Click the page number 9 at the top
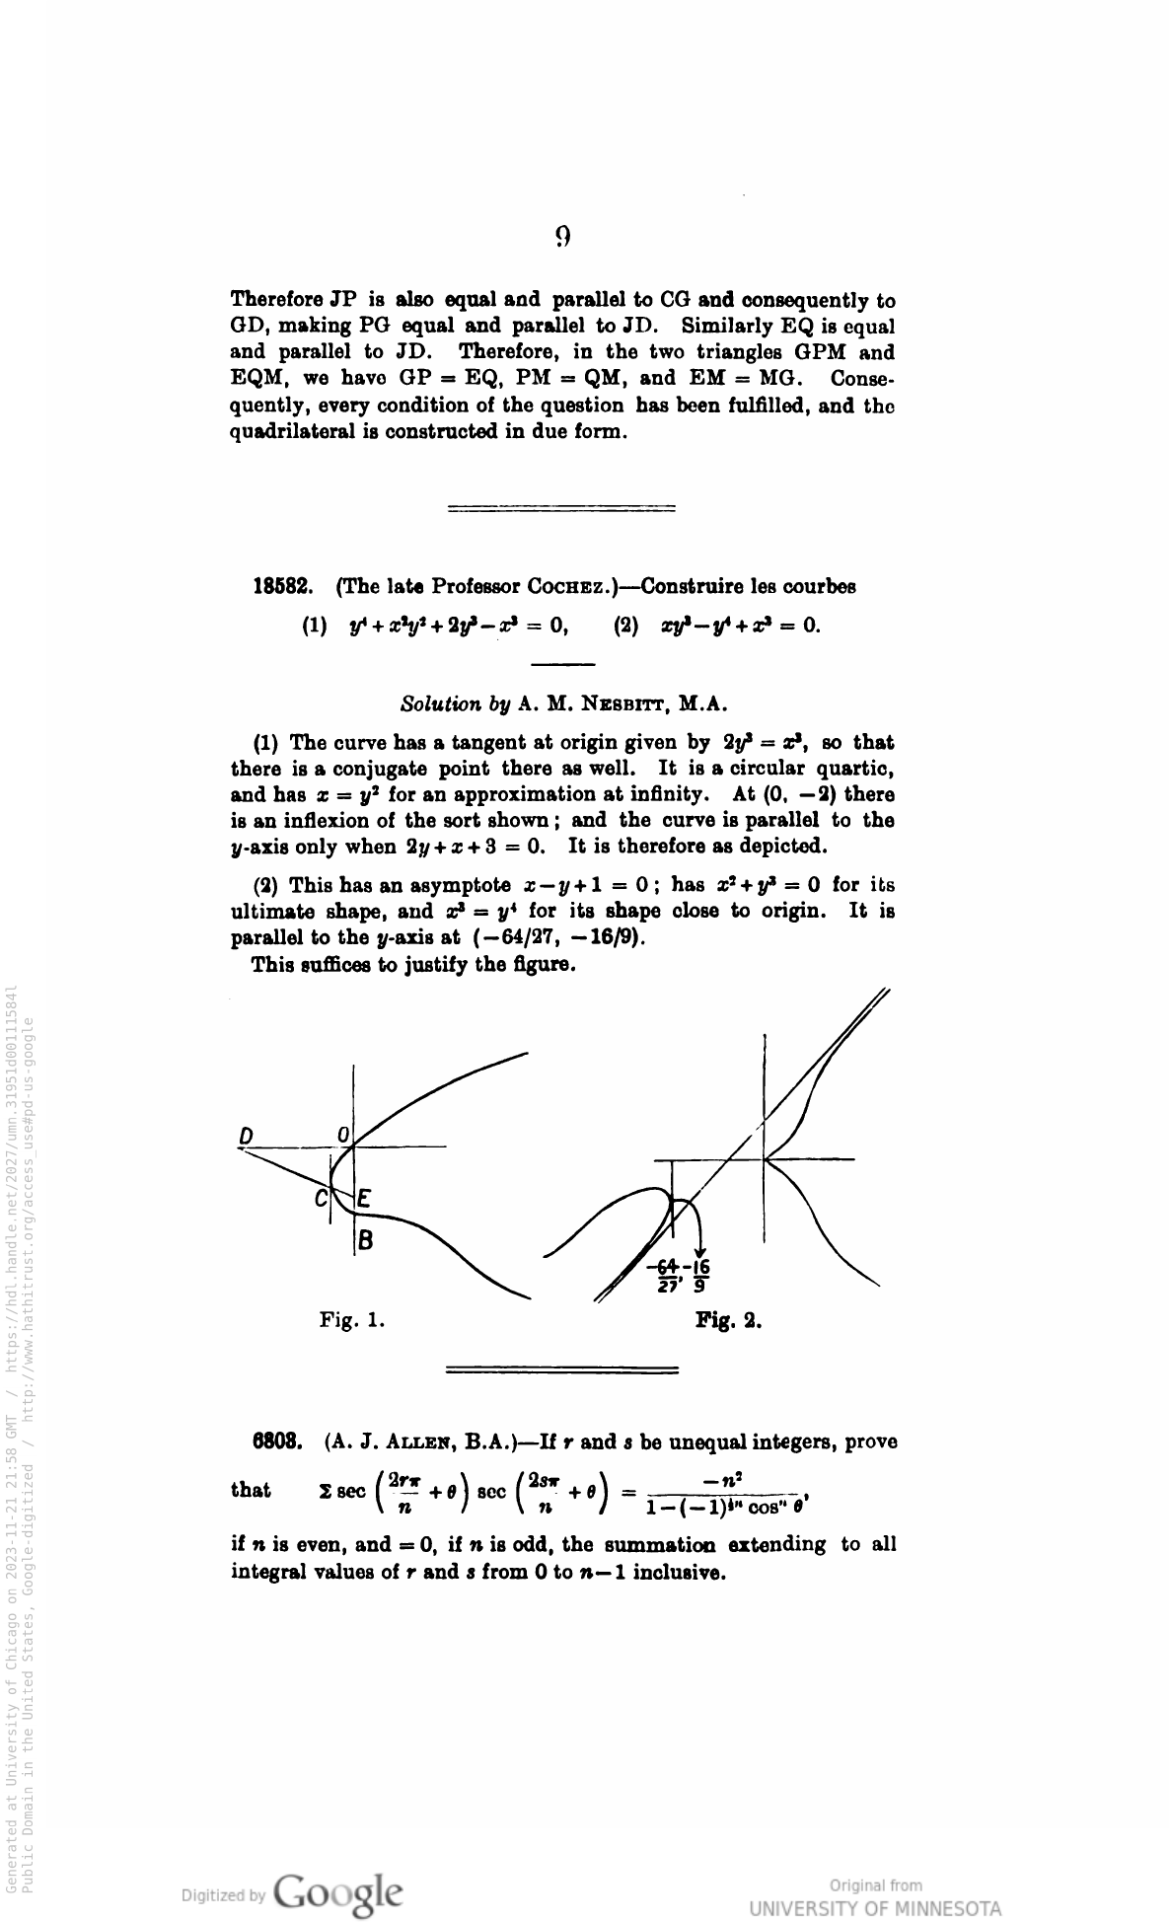562,237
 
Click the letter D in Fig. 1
246,1137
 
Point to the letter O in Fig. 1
342,1136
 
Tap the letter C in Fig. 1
321,1200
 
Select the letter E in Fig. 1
363,1200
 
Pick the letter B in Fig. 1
365,1240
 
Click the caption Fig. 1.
351,1319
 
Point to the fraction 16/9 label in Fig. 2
698,1277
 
